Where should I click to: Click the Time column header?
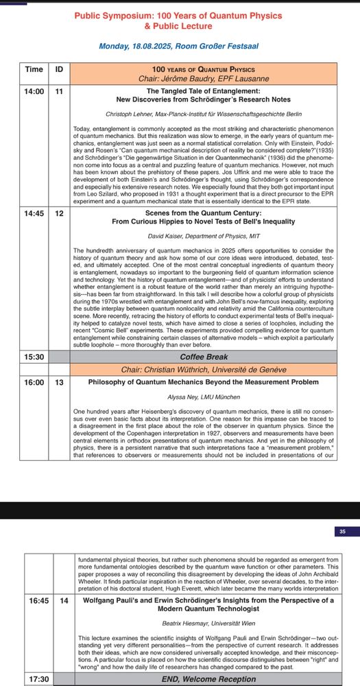click(34, 69)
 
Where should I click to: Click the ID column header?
click(60, 69)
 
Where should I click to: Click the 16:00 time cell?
click(34, 382)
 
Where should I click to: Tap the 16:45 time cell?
click(38, 600)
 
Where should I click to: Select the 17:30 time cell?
click(38, 679)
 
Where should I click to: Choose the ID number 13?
click(60, 382)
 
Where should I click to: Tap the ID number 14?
click(64, 600)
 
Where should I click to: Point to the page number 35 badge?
click(343, 531)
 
